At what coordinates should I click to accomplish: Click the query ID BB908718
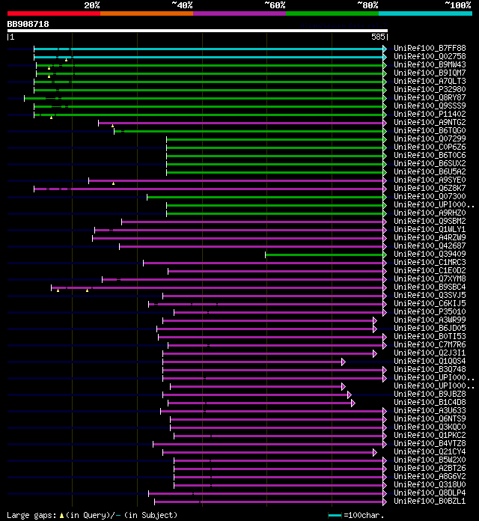coord(28,24)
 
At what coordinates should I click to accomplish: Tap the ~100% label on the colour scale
coord(457,5)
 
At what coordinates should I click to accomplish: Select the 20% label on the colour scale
coord(92,5)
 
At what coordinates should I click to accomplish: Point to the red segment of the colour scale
coord(53,13)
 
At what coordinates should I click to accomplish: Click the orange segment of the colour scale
coord(146,13)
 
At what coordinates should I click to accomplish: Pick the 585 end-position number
coord(378,36)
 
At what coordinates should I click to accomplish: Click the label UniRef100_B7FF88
coord(430,48)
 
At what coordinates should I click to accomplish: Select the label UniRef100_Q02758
coord(430,56)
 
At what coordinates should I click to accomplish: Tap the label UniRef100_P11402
coord(430,114)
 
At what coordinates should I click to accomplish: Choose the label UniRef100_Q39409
coord(430,254)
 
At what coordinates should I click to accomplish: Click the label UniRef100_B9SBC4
coord(430,287)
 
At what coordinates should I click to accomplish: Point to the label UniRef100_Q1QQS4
coord(430,361)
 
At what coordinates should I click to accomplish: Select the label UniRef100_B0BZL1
coord(430,501)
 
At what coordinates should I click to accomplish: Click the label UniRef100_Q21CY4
coord(430,451)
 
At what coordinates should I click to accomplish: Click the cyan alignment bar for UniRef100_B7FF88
coord(210,48)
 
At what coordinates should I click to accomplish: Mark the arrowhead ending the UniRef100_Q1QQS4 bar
coord(344,361)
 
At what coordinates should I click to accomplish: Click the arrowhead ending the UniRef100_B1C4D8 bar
coord(353,402)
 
